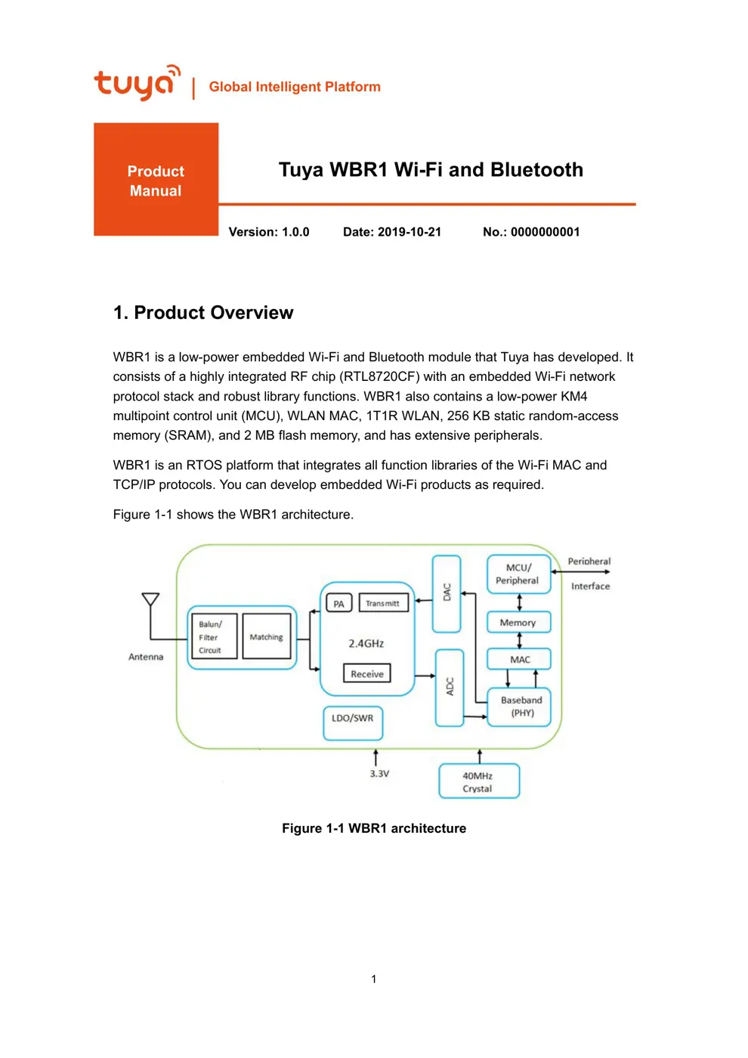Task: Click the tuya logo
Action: pyautogui.click(x=137, y=82)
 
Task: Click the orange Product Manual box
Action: pyautogui.click(x=156, y=180)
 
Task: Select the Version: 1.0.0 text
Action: pyautogui.click(x=269, y=232)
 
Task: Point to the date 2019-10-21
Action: pyautogui.click(x=409, y=232)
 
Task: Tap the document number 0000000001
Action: pyautogui.click(x=545, y=232)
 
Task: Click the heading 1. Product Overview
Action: pyautogui.click(x=203, y=313)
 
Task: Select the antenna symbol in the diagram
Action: pyautogui.click(x=150, y=601)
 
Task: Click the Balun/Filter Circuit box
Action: pyautogui.click(x=212, y=637)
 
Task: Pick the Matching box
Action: pyautogui.click(x=267, y=637)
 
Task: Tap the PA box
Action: pyautogui.click(x=338, y=604)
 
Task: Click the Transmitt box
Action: pyautogui.click(x=383, y=603)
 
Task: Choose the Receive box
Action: pyautogui.click(x=367, y=673)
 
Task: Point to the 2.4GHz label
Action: pyautogui.click(x=366, y=643)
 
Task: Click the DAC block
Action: pyautogui.click(x=447, y=593)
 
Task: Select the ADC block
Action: pyautogui.click(x=450, y=687)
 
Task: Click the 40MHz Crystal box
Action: pyautogui.click(x=478, y=781)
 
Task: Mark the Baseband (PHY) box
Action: pyautogui.click(x=521, y=707)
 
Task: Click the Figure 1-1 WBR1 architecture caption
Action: pyautogui.click(x=374, y=828)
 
